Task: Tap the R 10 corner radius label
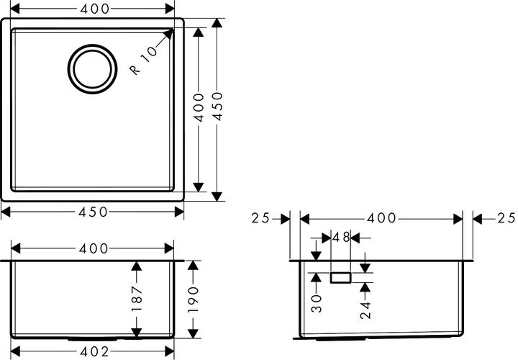coord(144,60)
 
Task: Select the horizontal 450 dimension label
coord(93,212)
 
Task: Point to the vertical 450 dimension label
coord(217,107)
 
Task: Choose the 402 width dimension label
coord(94,352)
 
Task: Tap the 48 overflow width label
coord(341,238)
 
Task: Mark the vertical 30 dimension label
coord(317,303)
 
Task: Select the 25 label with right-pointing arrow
coord(260,218)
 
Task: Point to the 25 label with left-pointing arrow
coord(506,218)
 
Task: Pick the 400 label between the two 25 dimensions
coord(381,218)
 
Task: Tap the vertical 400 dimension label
coord(199,107)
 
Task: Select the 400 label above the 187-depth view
coord(94,248)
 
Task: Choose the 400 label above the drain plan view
coord(94,9)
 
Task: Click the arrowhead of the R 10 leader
coord(168,34)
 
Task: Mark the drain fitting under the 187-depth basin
coord(93,339)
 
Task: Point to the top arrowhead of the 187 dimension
coord(137,266)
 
